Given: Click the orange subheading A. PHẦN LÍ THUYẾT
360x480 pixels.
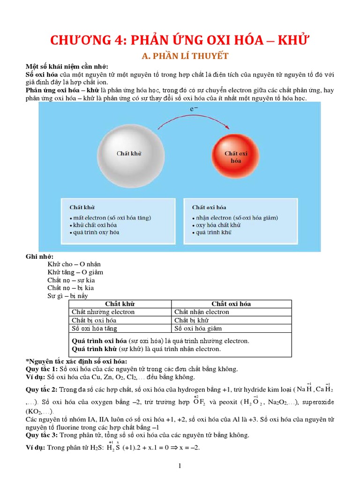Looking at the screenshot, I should click(x=185, y=56).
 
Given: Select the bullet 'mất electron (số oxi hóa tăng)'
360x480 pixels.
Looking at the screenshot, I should click(x=111, y=217).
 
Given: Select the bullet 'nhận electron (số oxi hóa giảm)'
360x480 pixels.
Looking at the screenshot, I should click(x=235, y=217).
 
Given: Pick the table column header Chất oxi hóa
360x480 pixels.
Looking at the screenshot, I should click(x=231, y=304).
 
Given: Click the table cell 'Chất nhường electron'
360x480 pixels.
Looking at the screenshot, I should click(x=103, y=312).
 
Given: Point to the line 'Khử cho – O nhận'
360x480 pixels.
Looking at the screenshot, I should click(x=74, y=264).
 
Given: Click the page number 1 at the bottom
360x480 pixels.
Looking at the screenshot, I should click(x=180, y=465).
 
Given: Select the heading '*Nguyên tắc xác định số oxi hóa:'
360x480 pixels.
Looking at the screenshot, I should click(x=76, y=361).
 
